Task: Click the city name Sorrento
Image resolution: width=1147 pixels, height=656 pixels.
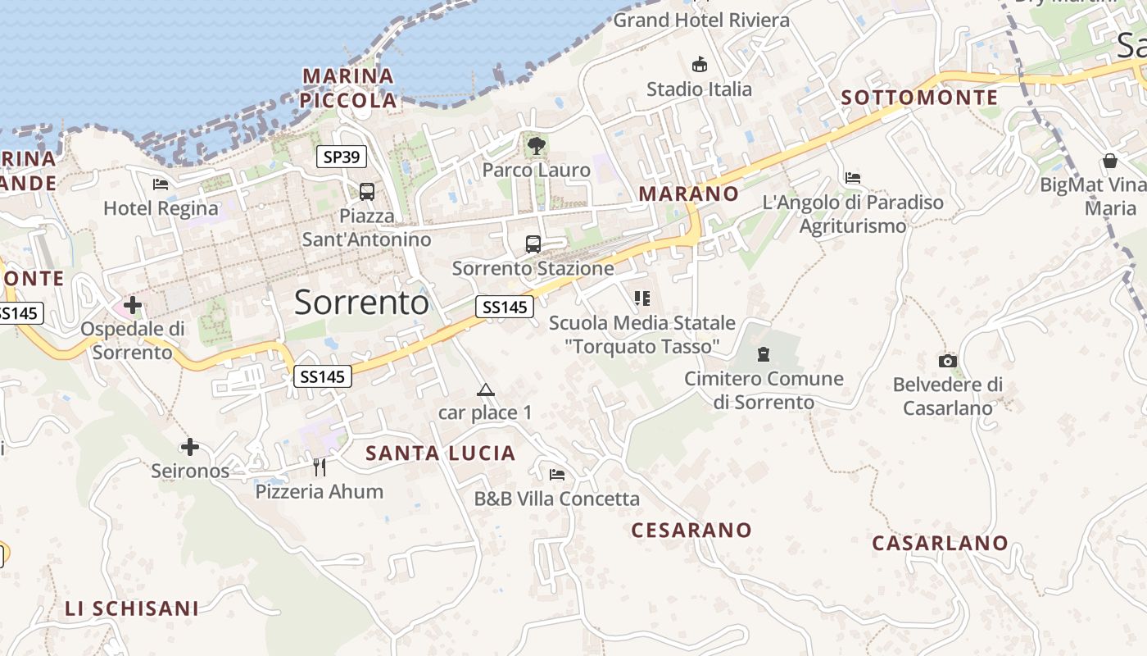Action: pyautogui.click(x=361, y=303)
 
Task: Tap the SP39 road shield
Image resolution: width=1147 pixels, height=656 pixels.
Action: pyautogui.click(x=341, y=157)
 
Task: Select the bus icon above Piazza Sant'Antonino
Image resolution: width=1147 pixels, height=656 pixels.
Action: pyautogui.click(x=367, y=192)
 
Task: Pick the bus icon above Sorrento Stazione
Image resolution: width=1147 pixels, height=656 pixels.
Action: pyautogui.click(x=533, y=244)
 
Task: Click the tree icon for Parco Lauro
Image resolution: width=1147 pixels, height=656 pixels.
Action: pyautogui.click(x=537, y=147)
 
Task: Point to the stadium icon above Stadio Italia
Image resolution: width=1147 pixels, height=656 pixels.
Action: pyautogui.click(x=700, y=64)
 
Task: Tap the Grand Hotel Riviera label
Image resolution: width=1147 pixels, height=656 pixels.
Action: pyautogui.click(x=701, y=20)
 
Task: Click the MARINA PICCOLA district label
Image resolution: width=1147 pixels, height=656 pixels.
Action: pyautogui.click(x=348, y=89)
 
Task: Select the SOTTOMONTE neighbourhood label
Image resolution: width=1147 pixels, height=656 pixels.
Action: pyautogui.click(x=919, y=98)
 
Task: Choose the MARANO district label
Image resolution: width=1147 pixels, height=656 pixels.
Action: pyautogui.click(x=688, y=194)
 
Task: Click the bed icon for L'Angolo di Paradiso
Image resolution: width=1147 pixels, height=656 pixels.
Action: pyautogui.click(x=853, y=177)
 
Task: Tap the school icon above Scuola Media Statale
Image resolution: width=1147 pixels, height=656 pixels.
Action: pyautogui.click(x=642, y=298)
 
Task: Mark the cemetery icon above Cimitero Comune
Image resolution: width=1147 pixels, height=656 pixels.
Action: pyautogui.click(x=764, y=354)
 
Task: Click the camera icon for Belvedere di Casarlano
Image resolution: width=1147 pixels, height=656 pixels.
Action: pyautogui.click(x=948, y=361)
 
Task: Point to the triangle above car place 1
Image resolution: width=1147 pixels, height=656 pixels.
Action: pyautogui.click(x=486, y=390)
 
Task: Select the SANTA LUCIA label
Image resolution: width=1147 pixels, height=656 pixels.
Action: pyautogui.click(x=440, y=453)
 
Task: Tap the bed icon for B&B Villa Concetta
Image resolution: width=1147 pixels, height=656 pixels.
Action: pyautogui.click(x=557, y=474)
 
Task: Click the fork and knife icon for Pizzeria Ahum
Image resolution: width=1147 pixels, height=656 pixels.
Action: pyautogui.click(x=320, y=467)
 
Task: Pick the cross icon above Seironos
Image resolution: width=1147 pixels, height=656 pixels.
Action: pyautogui.click(x=190, y=447)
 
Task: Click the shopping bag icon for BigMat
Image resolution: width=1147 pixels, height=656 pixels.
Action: pyautogui.click(x=1110, y=160)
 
